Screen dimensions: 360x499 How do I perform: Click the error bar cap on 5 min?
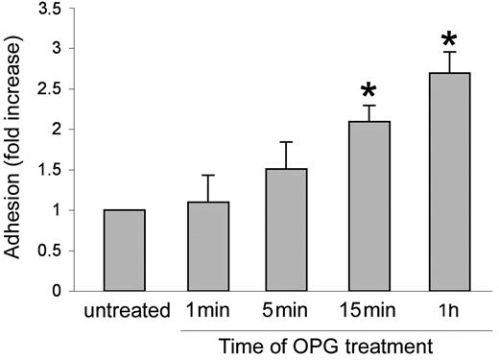(272, 142)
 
